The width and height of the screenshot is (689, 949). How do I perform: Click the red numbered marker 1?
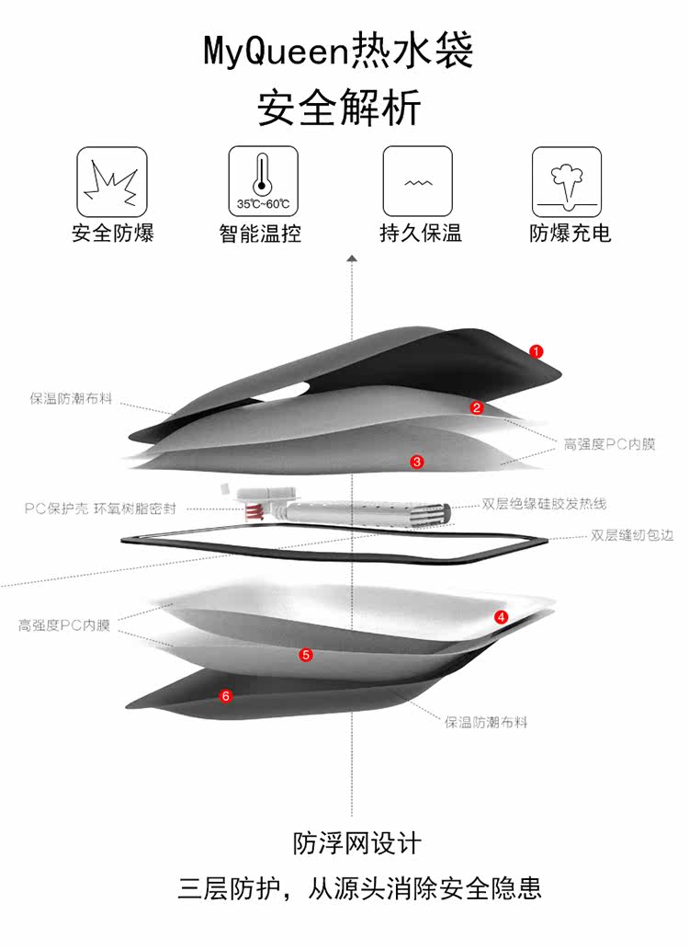pos(537,350)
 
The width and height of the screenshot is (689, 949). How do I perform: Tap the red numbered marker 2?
pos(477,407)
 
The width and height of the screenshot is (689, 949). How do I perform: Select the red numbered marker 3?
pos(417,462)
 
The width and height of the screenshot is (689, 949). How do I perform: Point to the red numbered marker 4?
pos(501,617)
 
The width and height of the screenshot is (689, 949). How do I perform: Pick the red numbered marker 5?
pos(306,655)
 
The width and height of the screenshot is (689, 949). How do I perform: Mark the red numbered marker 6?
pos(226,695)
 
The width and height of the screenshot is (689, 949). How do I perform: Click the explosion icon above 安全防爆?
pos(111,182)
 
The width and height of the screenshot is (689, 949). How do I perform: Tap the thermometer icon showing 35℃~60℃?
pos(263,182)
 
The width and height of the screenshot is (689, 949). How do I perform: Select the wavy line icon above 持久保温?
pos(418,182)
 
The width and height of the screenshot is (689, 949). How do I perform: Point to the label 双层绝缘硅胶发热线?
pos(545,504)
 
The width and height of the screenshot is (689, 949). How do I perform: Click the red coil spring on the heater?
pos(251,509)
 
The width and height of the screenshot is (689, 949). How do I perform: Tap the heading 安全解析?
pos(339,109)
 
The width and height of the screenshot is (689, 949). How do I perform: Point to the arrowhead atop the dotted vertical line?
pos(352,260)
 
